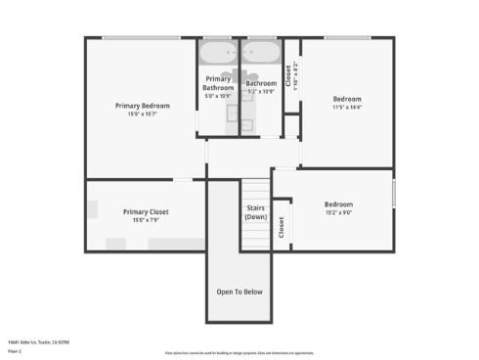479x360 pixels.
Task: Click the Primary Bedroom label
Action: pyautogui.click(x=143, y=106)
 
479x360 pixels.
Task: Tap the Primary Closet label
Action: pyautogui.click(x=146, y=211)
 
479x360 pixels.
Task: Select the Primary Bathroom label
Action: pyautogui.click(x=219, y=83)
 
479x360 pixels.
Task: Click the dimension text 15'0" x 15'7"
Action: pyautogui.click(x=143, y=114)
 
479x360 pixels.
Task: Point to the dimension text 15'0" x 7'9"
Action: pyautogui.click(x=146, y=220)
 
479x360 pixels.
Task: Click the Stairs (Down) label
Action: pyautogui.click(x=255, y=212)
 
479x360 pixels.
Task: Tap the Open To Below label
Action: pyautogui.click(x=239, y=292)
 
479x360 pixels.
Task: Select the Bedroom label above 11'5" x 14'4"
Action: pyautogui.click(x=347, y=99)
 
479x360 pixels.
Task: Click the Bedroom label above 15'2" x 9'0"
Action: pyautogui.click(x=338, y=204)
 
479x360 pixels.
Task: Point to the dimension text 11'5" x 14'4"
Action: pyautogui.click(x=347, y=108)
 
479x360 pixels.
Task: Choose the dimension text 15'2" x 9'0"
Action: pyautogui.click(x=338, y=213)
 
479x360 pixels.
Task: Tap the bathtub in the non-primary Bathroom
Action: pyautogui.click(x=261, y=51)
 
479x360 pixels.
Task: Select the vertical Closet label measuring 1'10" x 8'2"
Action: pyautogui.click(x=289, y=76)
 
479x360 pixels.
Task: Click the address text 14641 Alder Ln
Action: pyautogui.click(x=38, y=342)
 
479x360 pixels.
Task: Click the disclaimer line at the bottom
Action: pyautogui.click(x=239, y=352)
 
